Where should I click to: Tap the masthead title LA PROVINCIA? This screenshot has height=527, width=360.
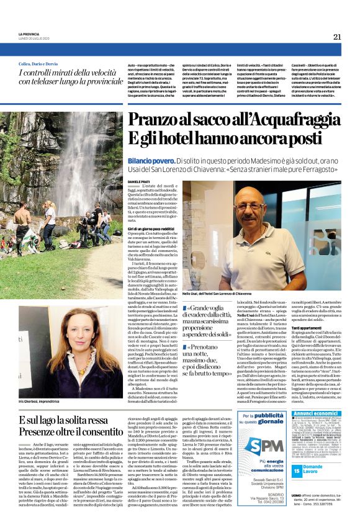point(28,34)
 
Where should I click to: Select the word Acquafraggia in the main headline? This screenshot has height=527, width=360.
point(297,120)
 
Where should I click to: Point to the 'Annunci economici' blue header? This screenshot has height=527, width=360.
point(316,413)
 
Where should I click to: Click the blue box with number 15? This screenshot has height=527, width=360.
point(297,470)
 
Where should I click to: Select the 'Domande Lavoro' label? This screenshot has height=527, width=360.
point(313,470)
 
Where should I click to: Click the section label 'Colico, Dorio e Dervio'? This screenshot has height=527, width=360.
point(43,64)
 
